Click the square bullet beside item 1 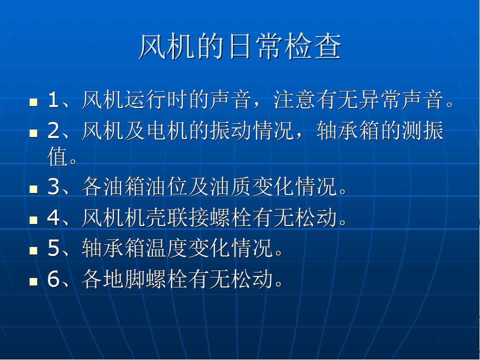[33, 102]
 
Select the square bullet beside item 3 [33, 189]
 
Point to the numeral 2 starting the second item [53, 130]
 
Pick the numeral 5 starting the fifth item [53, 248]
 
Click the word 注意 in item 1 [294, 100]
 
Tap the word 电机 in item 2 [167, 130]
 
